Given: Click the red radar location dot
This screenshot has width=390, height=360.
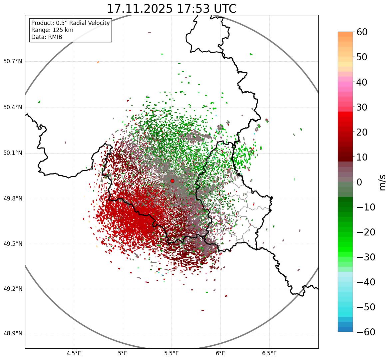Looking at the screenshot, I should click(x=172, y=181).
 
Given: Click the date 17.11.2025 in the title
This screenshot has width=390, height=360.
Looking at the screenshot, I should click(x=140, y=9).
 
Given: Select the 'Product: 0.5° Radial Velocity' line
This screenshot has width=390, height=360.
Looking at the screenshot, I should click(x=70, y=23).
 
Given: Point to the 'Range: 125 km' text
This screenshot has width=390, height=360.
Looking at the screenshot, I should click(x=52, y=30).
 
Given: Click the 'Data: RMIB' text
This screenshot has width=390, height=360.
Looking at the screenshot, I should click(x=47, y=37).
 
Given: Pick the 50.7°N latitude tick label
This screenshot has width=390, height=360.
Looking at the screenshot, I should click(x=13, y=62).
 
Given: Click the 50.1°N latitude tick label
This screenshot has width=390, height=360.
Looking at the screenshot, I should click(x=13, y=153).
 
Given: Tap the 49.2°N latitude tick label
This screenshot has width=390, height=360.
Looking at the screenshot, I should click(x=13, y=289).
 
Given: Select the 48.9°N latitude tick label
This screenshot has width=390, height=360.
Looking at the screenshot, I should click(x=13, y=334).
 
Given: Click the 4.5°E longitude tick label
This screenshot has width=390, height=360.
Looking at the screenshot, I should click(x=74, y=353).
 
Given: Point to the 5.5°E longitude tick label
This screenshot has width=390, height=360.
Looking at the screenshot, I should click(x=172, y=353).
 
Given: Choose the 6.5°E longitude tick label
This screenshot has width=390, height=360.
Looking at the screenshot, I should click(x=269, y=353).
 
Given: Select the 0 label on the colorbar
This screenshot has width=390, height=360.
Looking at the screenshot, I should click(x=359, y=182).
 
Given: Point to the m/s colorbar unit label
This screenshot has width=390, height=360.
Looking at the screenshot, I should click(x=382, y=182).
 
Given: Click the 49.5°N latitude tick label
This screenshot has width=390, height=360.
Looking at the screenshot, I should click(x=13, y=244).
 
